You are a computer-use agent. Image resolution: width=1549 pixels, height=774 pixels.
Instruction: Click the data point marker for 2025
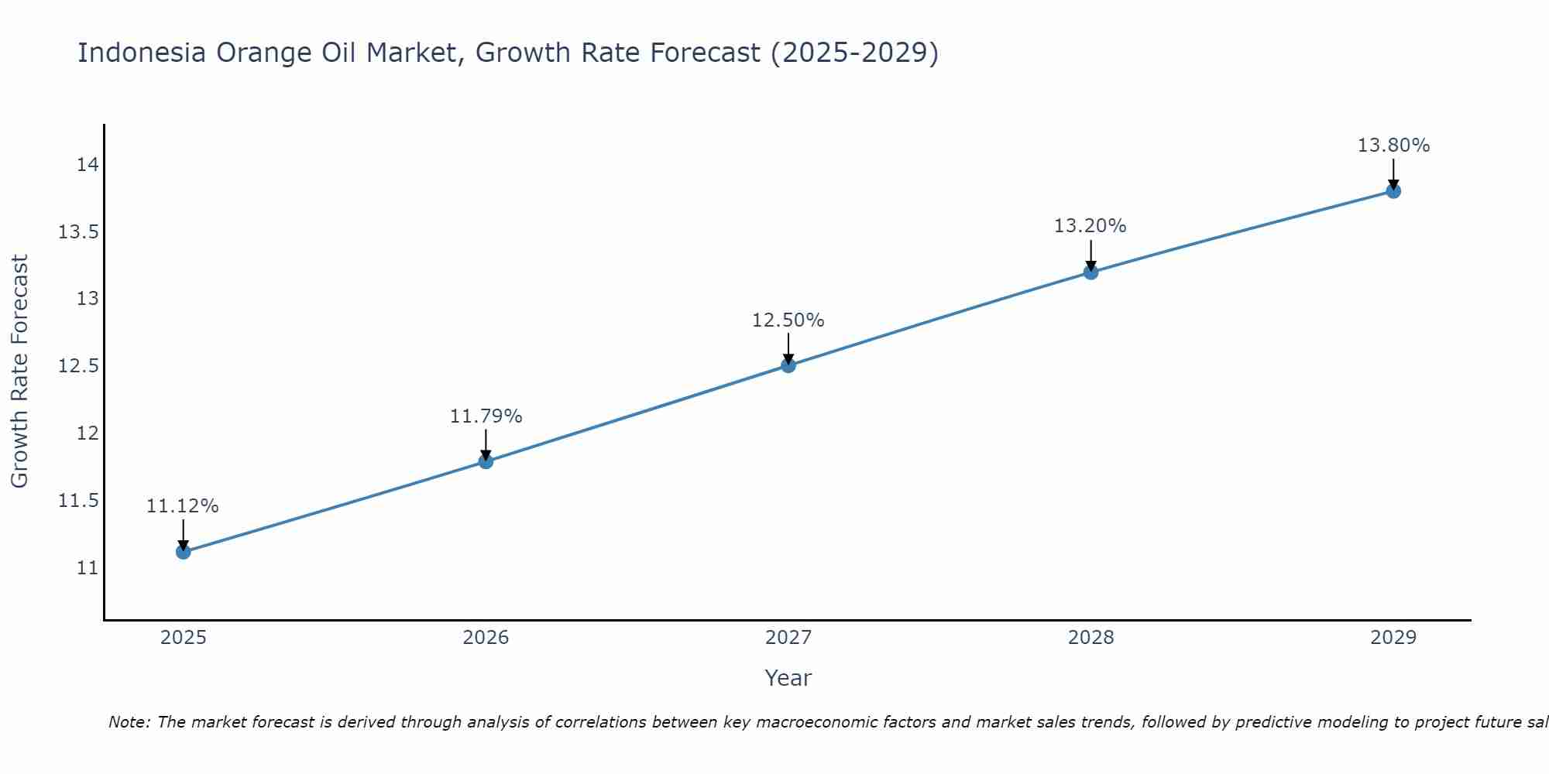pos(184,552)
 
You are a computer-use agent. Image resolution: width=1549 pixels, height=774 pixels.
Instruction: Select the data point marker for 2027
pos(788,365)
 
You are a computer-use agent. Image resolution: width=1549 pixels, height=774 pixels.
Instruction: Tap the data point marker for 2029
pos(1393,191)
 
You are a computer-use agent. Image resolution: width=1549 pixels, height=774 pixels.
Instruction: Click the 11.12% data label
pos(183,506)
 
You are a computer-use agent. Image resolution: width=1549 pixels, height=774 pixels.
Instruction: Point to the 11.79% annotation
pos(486,416)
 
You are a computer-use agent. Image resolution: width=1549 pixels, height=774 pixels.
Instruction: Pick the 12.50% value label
pos(788,320)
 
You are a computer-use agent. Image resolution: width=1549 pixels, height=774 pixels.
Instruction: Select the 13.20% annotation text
pos(1090,226)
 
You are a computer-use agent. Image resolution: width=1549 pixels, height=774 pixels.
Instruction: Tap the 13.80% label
pos(1393,146)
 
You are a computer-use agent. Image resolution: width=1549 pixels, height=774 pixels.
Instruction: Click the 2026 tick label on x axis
pos(486,638)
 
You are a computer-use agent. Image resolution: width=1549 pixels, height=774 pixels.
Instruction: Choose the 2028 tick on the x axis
pos(1090,638)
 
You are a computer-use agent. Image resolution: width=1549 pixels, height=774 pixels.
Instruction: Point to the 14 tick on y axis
pos(88,165)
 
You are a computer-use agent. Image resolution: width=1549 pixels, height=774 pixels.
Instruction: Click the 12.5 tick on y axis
pos(79,366)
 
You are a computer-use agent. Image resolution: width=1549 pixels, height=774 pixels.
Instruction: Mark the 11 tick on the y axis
pos(88,568)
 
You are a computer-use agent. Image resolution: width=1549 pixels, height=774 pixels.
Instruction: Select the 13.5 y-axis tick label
pos(79,232)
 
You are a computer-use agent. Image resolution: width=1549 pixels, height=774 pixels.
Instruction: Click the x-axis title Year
pos(788,678)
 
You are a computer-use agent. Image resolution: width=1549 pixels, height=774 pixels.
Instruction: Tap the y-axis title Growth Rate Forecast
pos(20,372)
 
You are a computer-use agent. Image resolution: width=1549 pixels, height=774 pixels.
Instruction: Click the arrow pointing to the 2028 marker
pos(1090,253)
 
